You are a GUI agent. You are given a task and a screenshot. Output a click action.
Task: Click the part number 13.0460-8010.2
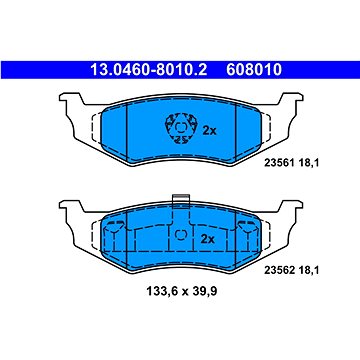coord(149,70)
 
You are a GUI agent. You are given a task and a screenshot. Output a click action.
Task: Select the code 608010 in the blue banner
coord(254,70)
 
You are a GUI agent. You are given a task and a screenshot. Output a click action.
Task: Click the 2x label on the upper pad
coord(210,131)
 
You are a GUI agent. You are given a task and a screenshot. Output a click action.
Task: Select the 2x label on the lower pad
coord(207,239)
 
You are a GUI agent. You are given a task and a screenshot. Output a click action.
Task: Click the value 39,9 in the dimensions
coord(206,292)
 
